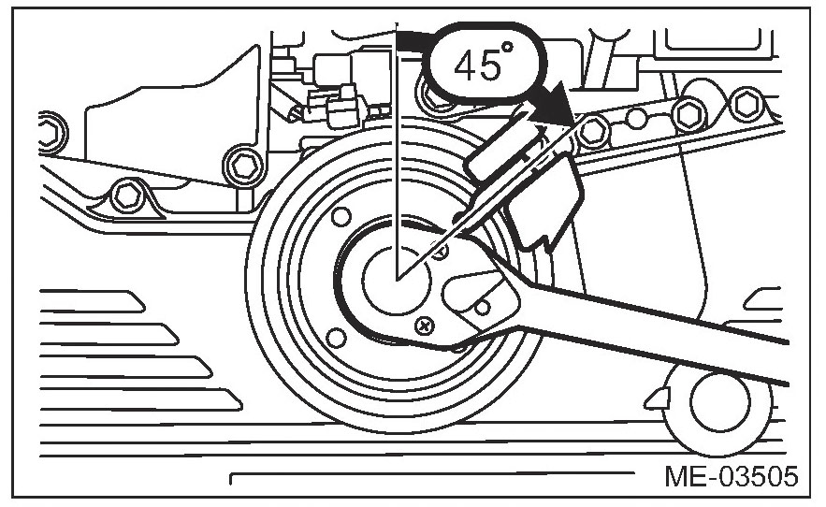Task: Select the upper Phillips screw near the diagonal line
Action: click(442, 249)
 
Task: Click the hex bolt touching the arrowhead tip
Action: click(588, 133)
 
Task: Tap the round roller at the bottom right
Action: click(719, 401)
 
